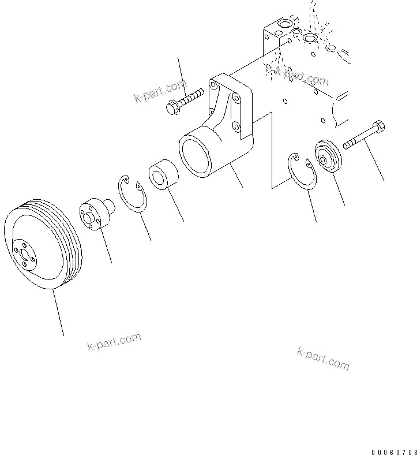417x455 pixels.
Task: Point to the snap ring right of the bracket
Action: pos(303,171)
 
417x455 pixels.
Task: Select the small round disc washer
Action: pos(328,155)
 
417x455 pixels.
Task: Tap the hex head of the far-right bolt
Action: pos(379,126)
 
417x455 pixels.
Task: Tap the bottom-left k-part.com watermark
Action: pos(114,342)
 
